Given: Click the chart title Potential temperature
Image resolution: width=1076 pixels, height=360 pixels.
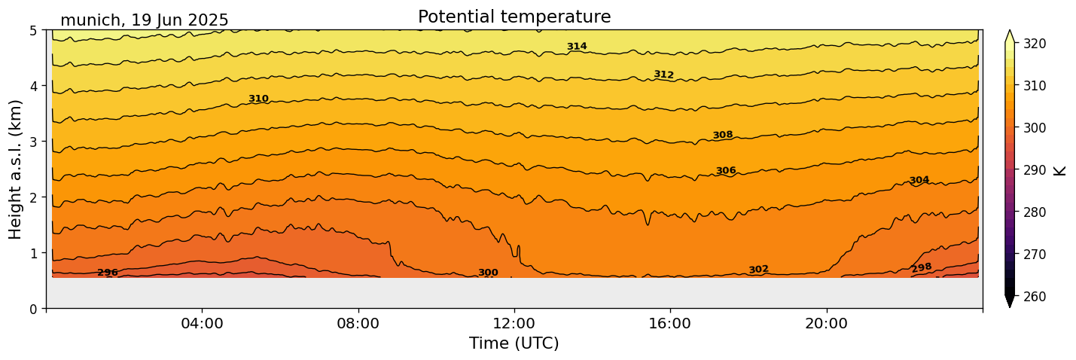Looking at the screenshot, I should click(514, 17).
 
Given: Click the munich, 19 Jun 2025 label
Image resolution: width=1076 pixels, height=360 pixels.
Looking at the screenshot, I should click(144, 20).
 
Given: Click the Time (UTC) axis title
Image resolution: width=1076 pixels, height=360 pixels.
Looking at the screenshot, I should click(514, 343).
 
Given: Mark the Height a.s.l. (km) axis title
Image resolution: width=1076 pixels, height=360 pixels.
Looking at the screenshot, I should click(16, 169).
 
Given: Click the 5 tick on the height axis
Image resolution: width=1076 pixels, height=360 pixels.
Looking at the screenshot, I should click(35, 31).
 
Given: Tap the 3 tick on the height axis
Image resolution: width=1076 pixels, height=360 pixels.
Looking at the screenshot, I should click(35, 142).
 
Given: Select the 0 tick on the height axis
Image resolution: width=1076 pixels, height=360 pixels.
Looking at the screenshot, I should click(35, 308).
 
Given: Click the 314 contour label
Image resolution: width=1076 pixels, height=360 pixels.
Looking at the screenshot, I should click(577, 47).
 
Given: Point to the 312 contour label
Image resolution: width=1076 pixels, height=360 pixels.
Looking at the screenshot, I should click(663, 75).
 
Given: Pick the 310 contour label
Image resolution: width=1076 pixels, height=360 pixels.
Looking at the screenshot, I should click(258, 99).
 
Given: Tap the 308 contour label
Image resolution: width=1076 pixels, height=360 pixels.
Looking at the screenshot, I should click(722, 135).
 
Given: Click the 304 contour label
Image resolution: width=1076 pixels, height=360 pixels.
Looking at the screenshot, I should click(919, 180).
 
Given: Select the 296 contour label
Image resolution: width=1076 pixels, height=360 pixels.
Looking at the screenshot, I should click(108, 273).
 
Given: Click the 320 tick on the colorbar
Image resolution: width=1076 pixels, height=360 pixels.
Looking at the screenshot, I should click(1034, 44).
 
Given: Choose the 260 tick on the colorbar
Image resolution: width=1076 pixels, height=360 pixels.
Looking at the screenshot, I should click(1034, 296).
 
